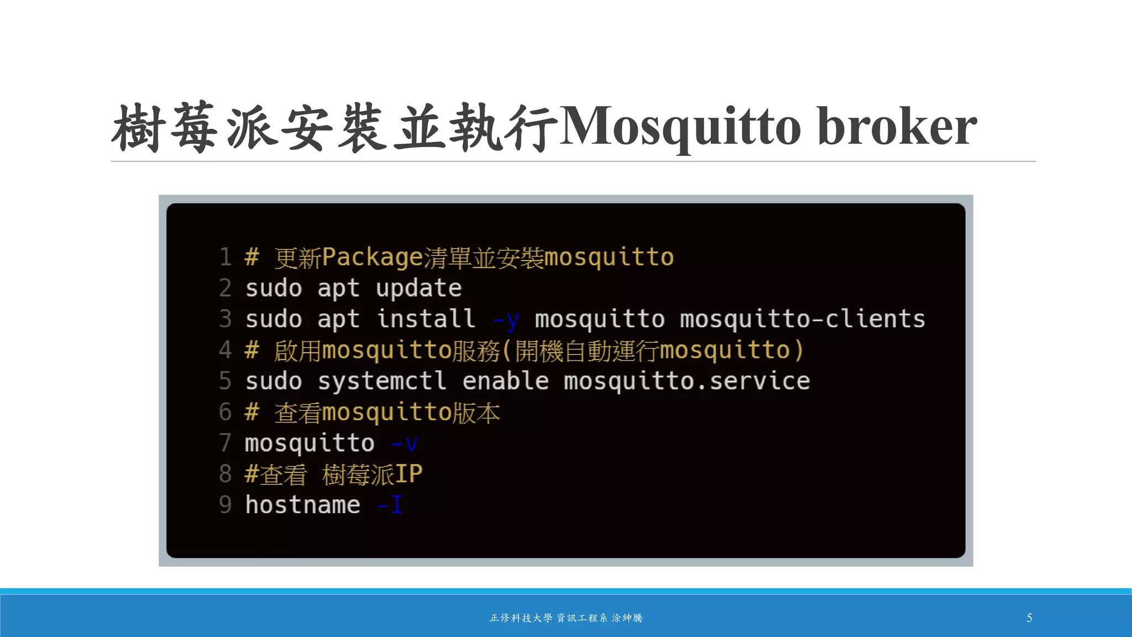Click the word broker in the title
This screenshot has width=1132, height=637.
click(x=897, y=127)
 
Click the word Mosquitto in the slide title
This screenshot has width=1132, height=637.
click(x=680, y=127)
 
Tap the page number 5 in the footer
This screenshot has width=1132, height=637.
click(x=1029, y=618)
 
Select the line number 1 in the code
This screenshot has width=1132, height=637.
click(x=225, y=257)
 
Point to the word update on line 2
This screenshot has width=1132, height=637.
click(x=418, y=288)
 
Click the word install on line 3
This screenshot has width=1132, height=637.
click(x=426, y=319)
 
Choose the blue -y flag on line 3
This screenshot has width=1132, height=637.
click(x=506, y=320)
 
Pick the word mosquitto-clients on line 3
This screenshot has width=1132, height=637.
click(x=802, y=319)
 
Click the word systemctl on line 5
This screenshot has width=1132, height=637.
click(x=382, y=381)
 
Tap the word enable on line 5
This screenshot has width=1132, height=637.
click(x=505, y=381)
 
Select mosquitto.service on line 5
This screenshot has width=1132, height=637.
click(x=686, y=381)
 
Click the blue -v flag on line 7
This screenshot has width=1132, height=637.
click(x=405, y=443)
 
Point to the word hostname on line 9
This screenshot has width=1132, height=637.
click(x=302, y=505)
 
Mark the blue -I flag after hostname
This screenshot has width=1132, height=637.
click(x=390, y=505)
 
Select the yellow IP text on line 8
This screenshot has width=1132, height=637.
click(x=408, y=474)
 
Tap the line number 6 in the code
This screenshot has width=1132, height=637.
click(x=225, y=412)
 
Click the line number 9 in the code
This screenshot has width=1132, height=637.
click(x=225, y=505)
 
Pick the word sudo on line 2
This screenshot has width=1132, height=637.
click(x=274, y=288)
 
